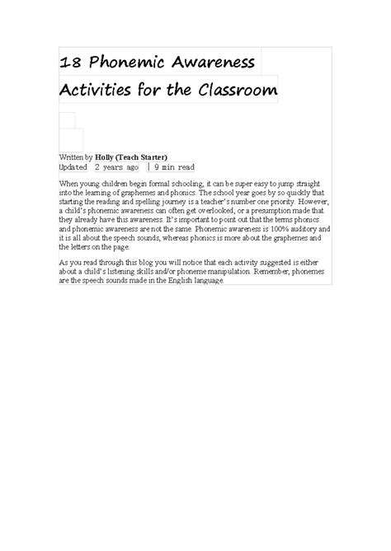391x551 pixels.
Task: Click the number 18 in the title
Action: pyautogui.click(x=70, y=63)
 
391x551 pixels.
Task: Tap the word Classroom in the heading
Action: pyautogui.click(x=238, y=90)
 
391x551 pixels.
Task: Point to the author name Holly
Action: pyautogui.click(x=106, y=156)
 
